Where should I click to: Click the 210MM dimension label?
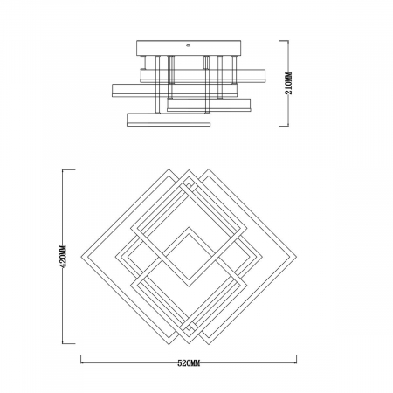click(x=288, y=83)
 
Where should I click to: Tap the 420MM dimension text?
click(x=63, y=256)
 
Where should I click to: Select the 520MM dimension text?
click(x=189, y=363)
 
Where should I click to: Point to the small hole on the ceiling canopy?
click(x=188, y=45)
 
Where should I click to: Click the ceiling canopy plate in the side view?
click(x=189, y=48)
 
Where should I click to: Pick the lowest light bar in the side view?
click(x=169, y=120)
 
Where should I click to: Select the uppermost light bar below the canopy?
click(x=203, y=76)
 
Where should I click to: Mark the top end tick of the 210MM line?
click(x=284, y=41)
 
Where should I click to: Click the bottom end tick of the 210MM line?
click(x=284, y=126)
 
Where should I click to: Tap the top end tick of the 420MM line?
click(x=69, y=169)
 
